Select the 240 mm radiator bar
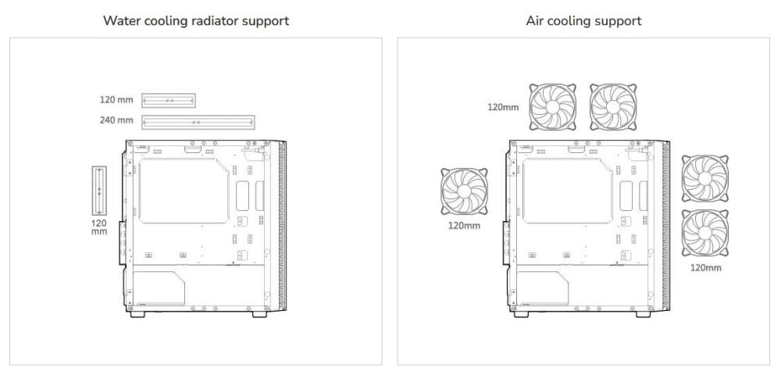[198, 122]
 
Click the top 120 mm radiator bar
[169, 101]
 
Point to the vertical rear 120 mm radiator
[99, 190]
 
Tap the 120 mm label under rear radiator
[99, 227]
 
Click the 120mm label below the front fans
[706, 268]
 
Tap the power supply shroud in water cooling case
[159, 287]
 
